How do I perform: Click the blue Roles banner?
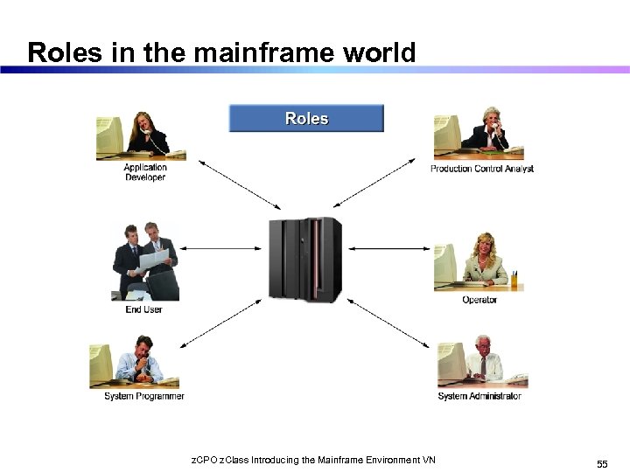306,118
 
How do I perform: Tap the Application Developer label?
144,172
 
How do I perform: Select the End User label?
143,309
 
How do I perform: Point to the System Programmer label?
144,396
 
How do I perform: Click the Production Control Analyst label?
481,169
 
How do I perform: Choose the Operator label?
479,300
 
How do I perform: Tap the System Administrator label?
479,396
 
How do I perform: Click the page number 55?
602,463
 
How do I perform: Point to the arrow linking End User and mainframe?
229,249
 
